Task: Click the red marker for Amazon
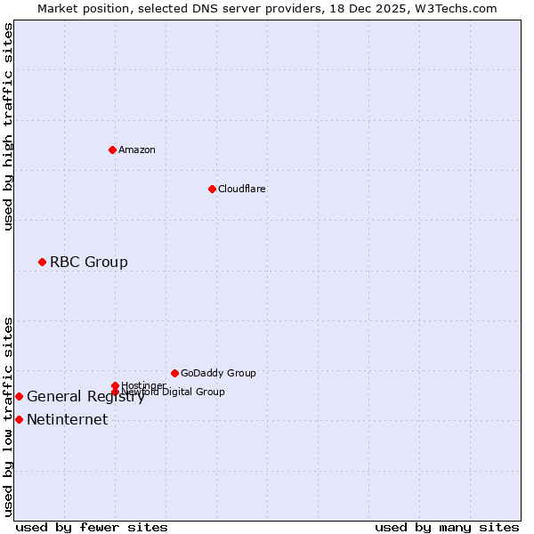[x=112, y=150]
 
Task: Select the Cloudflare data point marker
[x=212, y=189]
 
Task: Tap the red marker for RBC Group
[x=42, y=262]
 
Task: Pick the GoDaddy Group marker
[x=174, y=373]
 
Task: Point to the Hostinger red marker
[x=115, y=385]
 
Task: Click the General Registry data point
[x=19, y=396]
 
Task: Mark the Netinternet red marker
[x=19, y=419]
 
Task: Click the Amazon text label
[x=137, y=150]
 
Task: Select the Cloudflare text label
[x=242, y=189]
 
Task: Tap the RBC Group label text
[x=89, y=262]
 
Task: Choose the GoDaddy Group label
[x=218, y=373]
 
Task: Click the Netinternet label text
[x=68, y=420]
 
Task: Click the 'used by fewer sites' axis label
[x=92, y=527]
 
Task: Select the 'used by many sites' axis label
[x=447, y=527]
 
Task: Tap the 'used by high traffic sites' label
[x=9, y=126]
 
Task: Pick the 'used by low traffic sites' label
[x=9, y=416]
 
